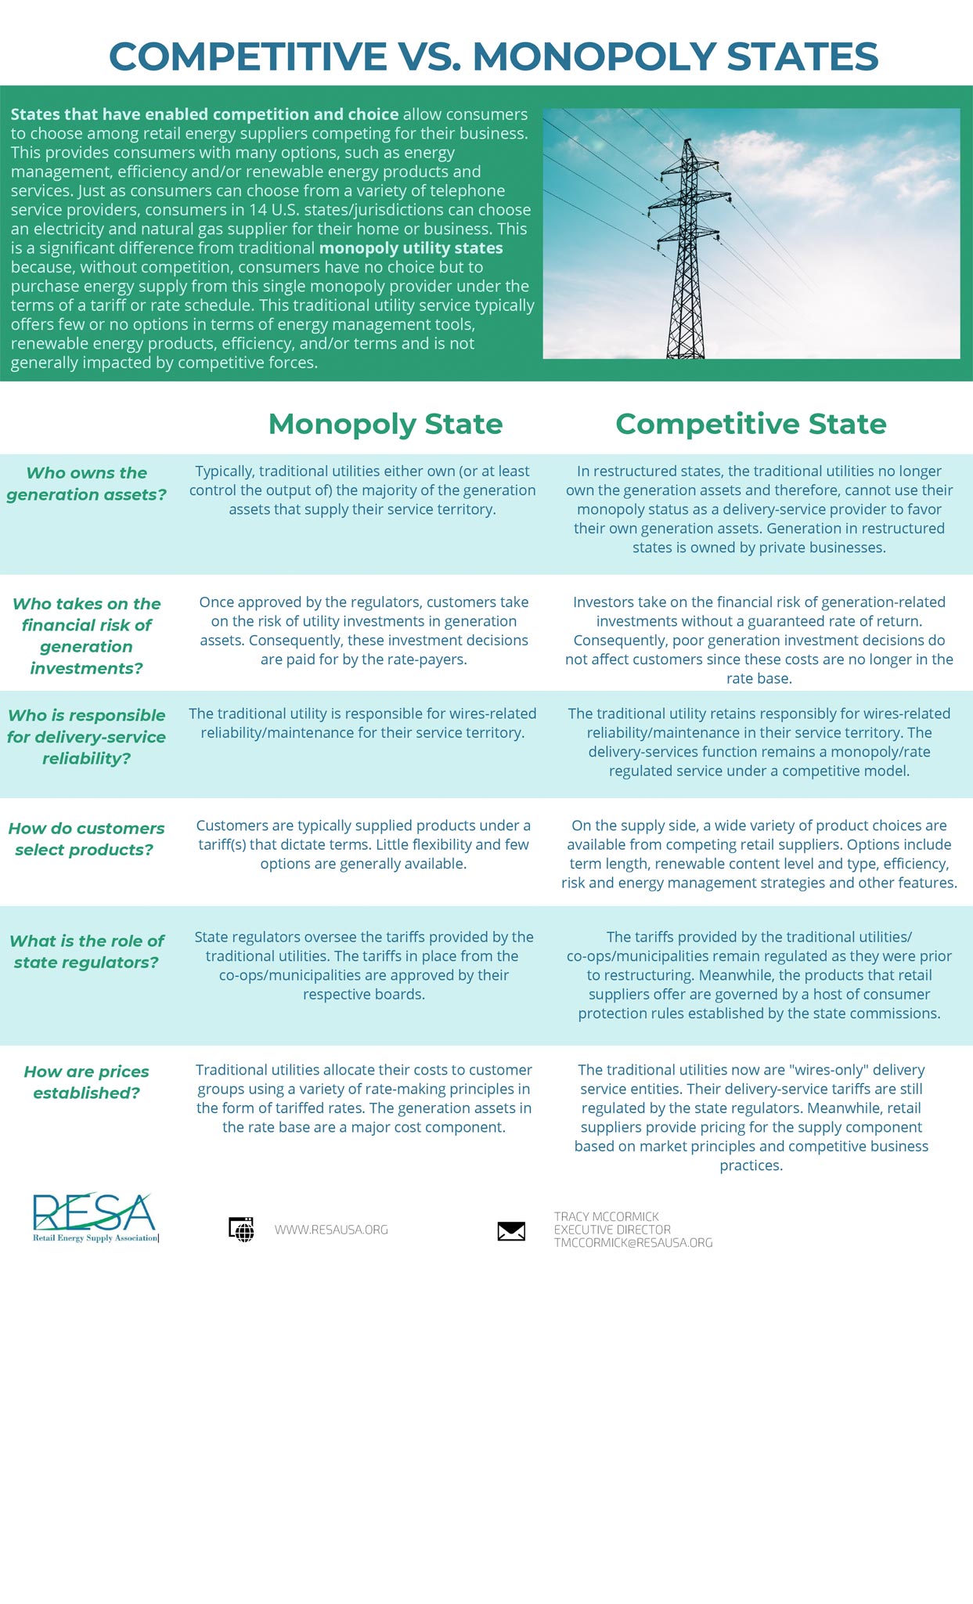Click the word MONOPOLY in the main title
point(594,56)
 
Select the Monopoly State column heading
point(385,424)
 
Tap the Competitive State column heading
point(751,424)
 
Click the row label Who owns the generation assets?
point(86,483)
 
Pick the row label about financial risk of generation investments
point(86,635)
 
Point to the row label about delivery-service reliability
point(86,736)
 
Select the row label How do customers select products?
point(86,839)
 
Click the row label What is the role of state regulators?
point(86,951)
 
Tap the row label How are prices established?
point(86,1082)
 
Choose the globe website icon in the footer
point(242,1230)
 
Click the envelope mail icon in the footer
point(511,1231)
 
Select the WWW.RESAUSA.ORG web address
point(331,1230)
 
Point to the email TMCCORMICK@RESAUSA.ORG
point(632,1243)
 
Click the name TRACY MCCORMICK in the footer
point(606,1216)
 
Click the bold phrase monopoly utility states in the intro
point(411,248)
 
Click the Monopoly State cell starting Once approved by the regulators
point(363,630)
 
